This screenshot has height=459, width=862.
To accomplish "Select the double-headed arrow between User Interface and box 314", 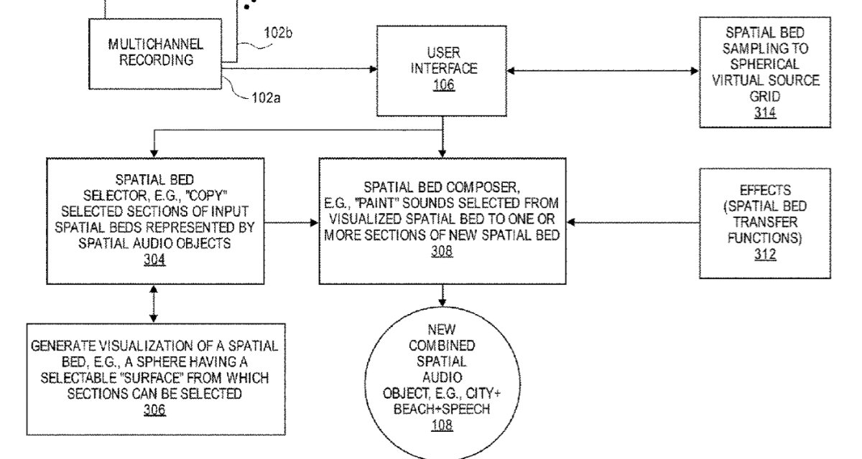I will click(603, 70).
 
